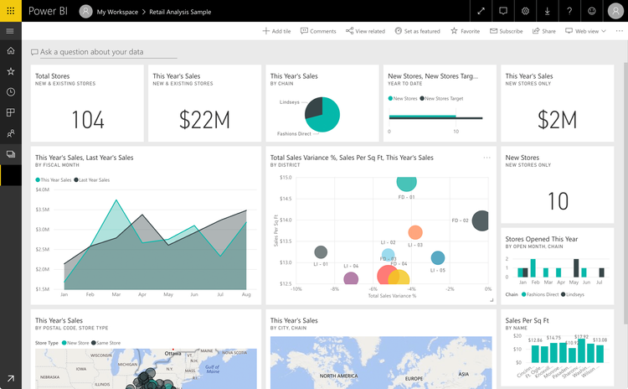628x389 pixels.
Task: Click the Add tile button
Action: click(276, 31)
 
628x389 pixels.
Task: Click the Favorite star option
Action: click(465, 31)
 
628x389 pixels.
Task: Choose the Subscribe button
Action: click(506, 31)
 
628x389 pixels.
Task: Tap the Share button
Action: click(543, 31)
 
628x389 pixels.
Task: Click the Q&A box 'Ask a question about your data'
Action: click(92, 52)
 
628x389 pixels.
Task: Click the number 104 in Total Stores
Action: click(87, 121)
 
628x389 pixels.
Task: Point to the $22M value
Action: click(204, 121)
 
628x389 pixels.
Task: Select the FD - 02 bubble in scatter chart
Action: click(481, 221)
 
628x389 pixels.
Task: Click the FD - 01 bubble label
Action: click(406, 197)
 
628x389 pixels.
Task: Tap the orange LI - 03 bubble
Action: click(415, 232)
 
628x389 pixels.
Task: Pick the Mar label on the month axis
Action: click(116, 295)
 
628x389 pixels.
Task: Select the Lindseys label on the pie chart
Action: click(290, 102)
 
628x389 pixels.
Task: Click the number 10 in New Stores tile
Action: click(557, 201)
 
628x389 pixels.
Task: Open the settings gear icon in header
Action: click(525, 12)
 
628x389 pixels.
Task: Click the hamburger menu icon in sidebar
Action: click(10, 31)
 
